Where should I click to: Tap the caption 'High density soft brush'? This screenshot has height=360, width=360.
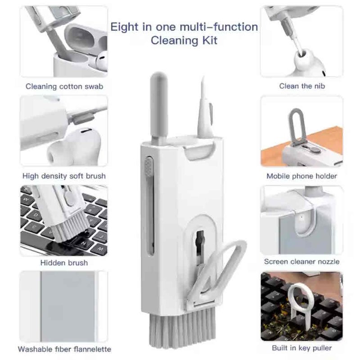pyautogui.click(x=64, y=176)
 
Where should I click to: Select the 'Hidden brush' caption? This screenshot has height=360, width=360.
pyautogui.click(x=64, y=262)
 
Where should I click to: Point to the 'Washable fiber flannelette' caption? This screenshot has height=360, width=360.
pyautogui.click(x=64, y=349)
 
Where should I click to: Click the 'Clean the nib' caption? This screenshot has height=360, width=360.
pyautogui.click(x=302, y=86)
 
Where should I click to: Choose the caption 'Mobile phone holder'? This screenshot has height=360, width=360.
pyautogui.click(x=301, y=176)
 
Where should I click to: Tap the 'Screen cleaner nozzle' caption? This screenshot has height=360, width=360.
pyautogui.click(x=301, y=261)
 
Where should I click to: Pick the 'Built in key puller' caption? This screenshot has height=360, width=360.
pyautogui.click(x=301, y=348)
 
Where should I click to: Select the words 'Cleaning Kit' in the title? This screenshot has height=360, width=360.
pyautogui.click(x=184, y=40)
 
